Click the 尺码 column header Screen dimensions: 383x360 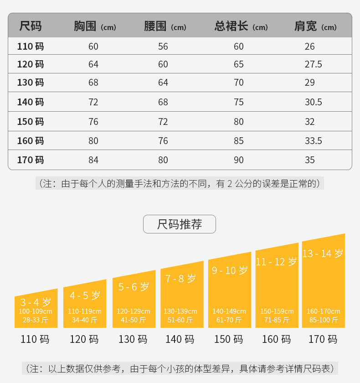tap(31, 26)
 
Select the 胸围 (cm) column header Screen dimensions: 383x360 tap(95, 26)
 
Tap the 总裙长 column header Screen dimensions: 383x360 tap(241, 26)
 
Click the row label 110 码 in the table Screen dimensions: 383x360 tap(31, 46)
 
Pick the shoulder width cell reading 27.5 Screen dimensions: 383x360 tap(314, 64)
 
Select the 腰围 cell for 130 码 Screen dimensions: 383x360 tap(163, 83)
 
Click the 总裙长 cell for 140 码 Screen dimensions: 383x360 tap(239, 102)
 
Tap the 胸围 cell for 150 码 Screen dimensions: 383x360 tap(93, 122)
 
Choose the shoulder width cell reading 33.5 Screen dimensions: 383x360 tap(314, 141)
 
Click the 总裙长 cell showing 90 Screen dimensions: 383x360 tap(239, 160)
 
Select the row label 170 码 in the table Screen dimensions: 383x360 tap(31, 160)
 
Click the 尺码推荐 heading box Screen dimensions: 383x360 tap(180, 224)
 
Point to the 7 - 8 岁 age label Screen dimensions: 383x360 tap(181, 278)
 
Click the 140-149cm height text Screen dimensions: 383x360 tap(229, 311)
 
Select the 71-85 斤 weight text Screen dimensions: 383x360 tap(277, 320)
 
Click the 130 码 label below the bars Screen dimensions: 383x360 tap(133, 339)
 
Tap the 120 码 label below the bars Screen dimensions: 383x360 tap(84, 339)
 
